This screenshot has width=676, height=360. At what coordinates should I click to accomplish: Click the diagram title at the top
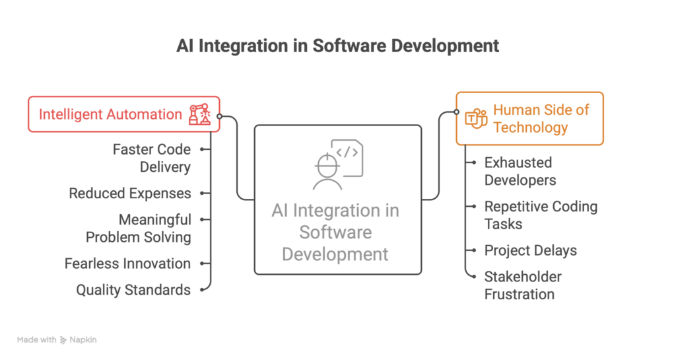(337, 47)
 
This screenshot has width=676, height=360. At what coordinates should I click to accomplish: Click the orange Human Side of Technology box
(529, 118)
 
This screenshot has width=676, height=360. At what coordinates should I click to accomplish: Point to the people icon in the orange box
(475, 119)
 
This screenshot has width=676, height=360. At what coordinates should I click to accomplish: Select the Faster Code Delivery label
(151, 158)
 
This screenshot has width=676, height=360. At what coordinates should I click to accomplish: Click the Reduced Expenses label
(130, 193)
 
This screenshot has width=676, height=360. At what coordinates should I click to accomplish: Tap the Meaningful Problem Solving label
(138, 228)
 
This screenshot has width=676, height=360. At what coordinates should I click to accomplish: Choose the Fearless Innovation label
(127, 264)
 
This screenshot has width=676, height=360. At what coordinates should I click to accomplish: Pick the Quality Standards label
(133, 289)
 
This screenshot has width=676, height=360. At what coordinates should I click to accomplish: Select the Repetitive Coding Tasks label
(541, 215)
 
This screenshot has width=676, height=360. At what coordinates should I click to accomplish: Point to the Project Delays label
(531, 250)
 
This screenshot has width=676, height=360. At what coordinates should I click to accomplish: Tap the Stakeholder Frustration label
(523, 285)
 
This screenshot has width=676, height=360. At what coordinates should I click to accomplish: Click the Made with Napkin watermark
(57, 340)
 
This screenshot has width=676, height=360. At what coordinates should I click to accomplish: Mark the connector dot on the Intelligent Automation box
(220, 118)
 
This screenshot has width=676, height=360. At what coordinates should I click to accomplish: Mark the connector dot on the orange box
(456, 112)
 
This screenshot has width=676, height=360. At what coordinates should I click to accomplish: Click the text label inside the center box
(335, 233)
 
